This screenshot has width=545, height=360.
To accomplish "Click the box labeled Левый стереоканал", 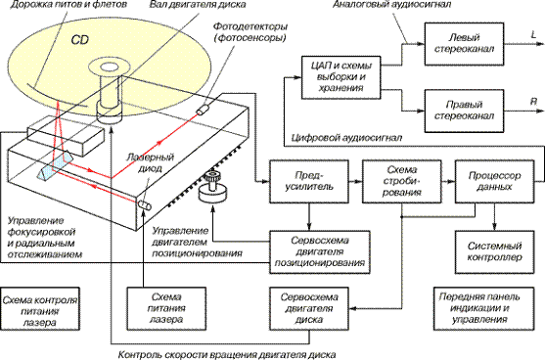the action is click(464, 44).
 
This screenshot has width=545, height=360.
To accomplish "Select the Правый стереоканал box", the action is click(464, 111).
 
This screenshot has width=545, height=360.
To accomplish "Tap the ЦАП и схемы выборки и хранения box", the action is click(341, 77).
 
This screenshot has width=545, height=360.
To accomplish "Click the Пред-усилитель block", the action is click(309, 181).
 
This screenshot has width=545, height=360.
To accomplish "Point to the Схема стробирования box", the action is click(402, 181).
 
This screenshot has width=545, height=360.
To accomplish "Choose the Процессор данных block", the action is click(494, 181).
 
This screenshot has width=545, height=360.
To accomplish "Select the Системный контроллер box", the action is click(494, 252).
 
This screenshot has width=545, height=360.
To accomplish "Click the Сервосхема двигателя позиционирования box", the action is click(320, 252).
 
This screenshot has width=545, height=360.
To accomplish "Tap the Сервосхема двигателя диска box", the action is click(309, 308).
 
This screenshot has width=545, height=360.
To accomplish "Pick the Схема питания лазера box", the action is click(166, 308).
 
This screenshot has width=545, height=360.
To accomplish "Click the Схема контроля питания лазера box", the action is click(40, 308).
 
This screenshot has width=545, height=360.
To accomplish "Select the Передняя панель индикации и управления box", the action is click(483, 308).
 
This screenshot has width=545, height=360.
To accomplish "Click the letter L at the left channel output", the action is click(533, 35).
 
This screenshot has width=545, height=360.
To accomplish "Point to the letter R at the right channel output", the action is click(533, 102).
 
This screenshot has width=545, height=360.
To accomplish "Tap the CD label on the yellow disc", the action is click(80, 40).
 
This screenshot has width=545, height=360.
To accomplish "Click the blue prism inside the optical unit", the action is click(56, 166).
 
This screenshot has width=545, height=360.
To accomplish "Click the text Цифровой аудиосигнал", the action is click(346, 138).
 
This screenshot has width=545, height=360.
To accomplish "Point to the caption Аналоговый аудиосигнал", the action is click(391, 5).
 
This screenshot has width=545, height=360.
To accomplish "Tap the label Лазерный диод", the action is click(150, 163).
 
